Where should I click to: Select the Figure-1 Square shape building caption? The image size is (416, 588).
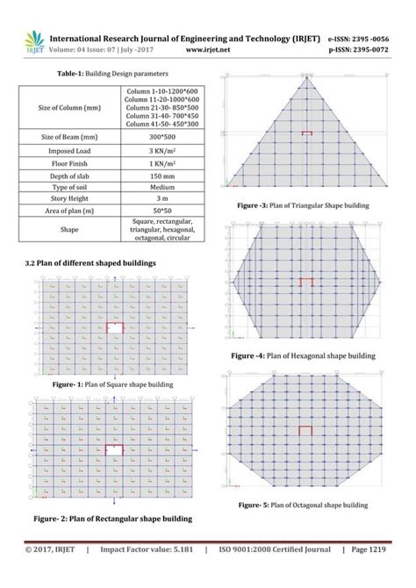tap(111, 384)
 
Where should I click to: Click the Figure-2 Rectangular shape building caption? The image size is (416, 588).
tap(112, 519)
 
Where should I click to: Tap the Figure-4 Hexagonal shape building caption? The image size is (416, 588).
tap(303, 356)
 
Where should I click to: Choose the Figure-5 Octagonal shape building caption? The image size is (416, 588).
tap(303, 506)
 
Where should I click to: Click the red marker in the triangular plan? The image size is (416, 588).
tap(306, 133)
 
